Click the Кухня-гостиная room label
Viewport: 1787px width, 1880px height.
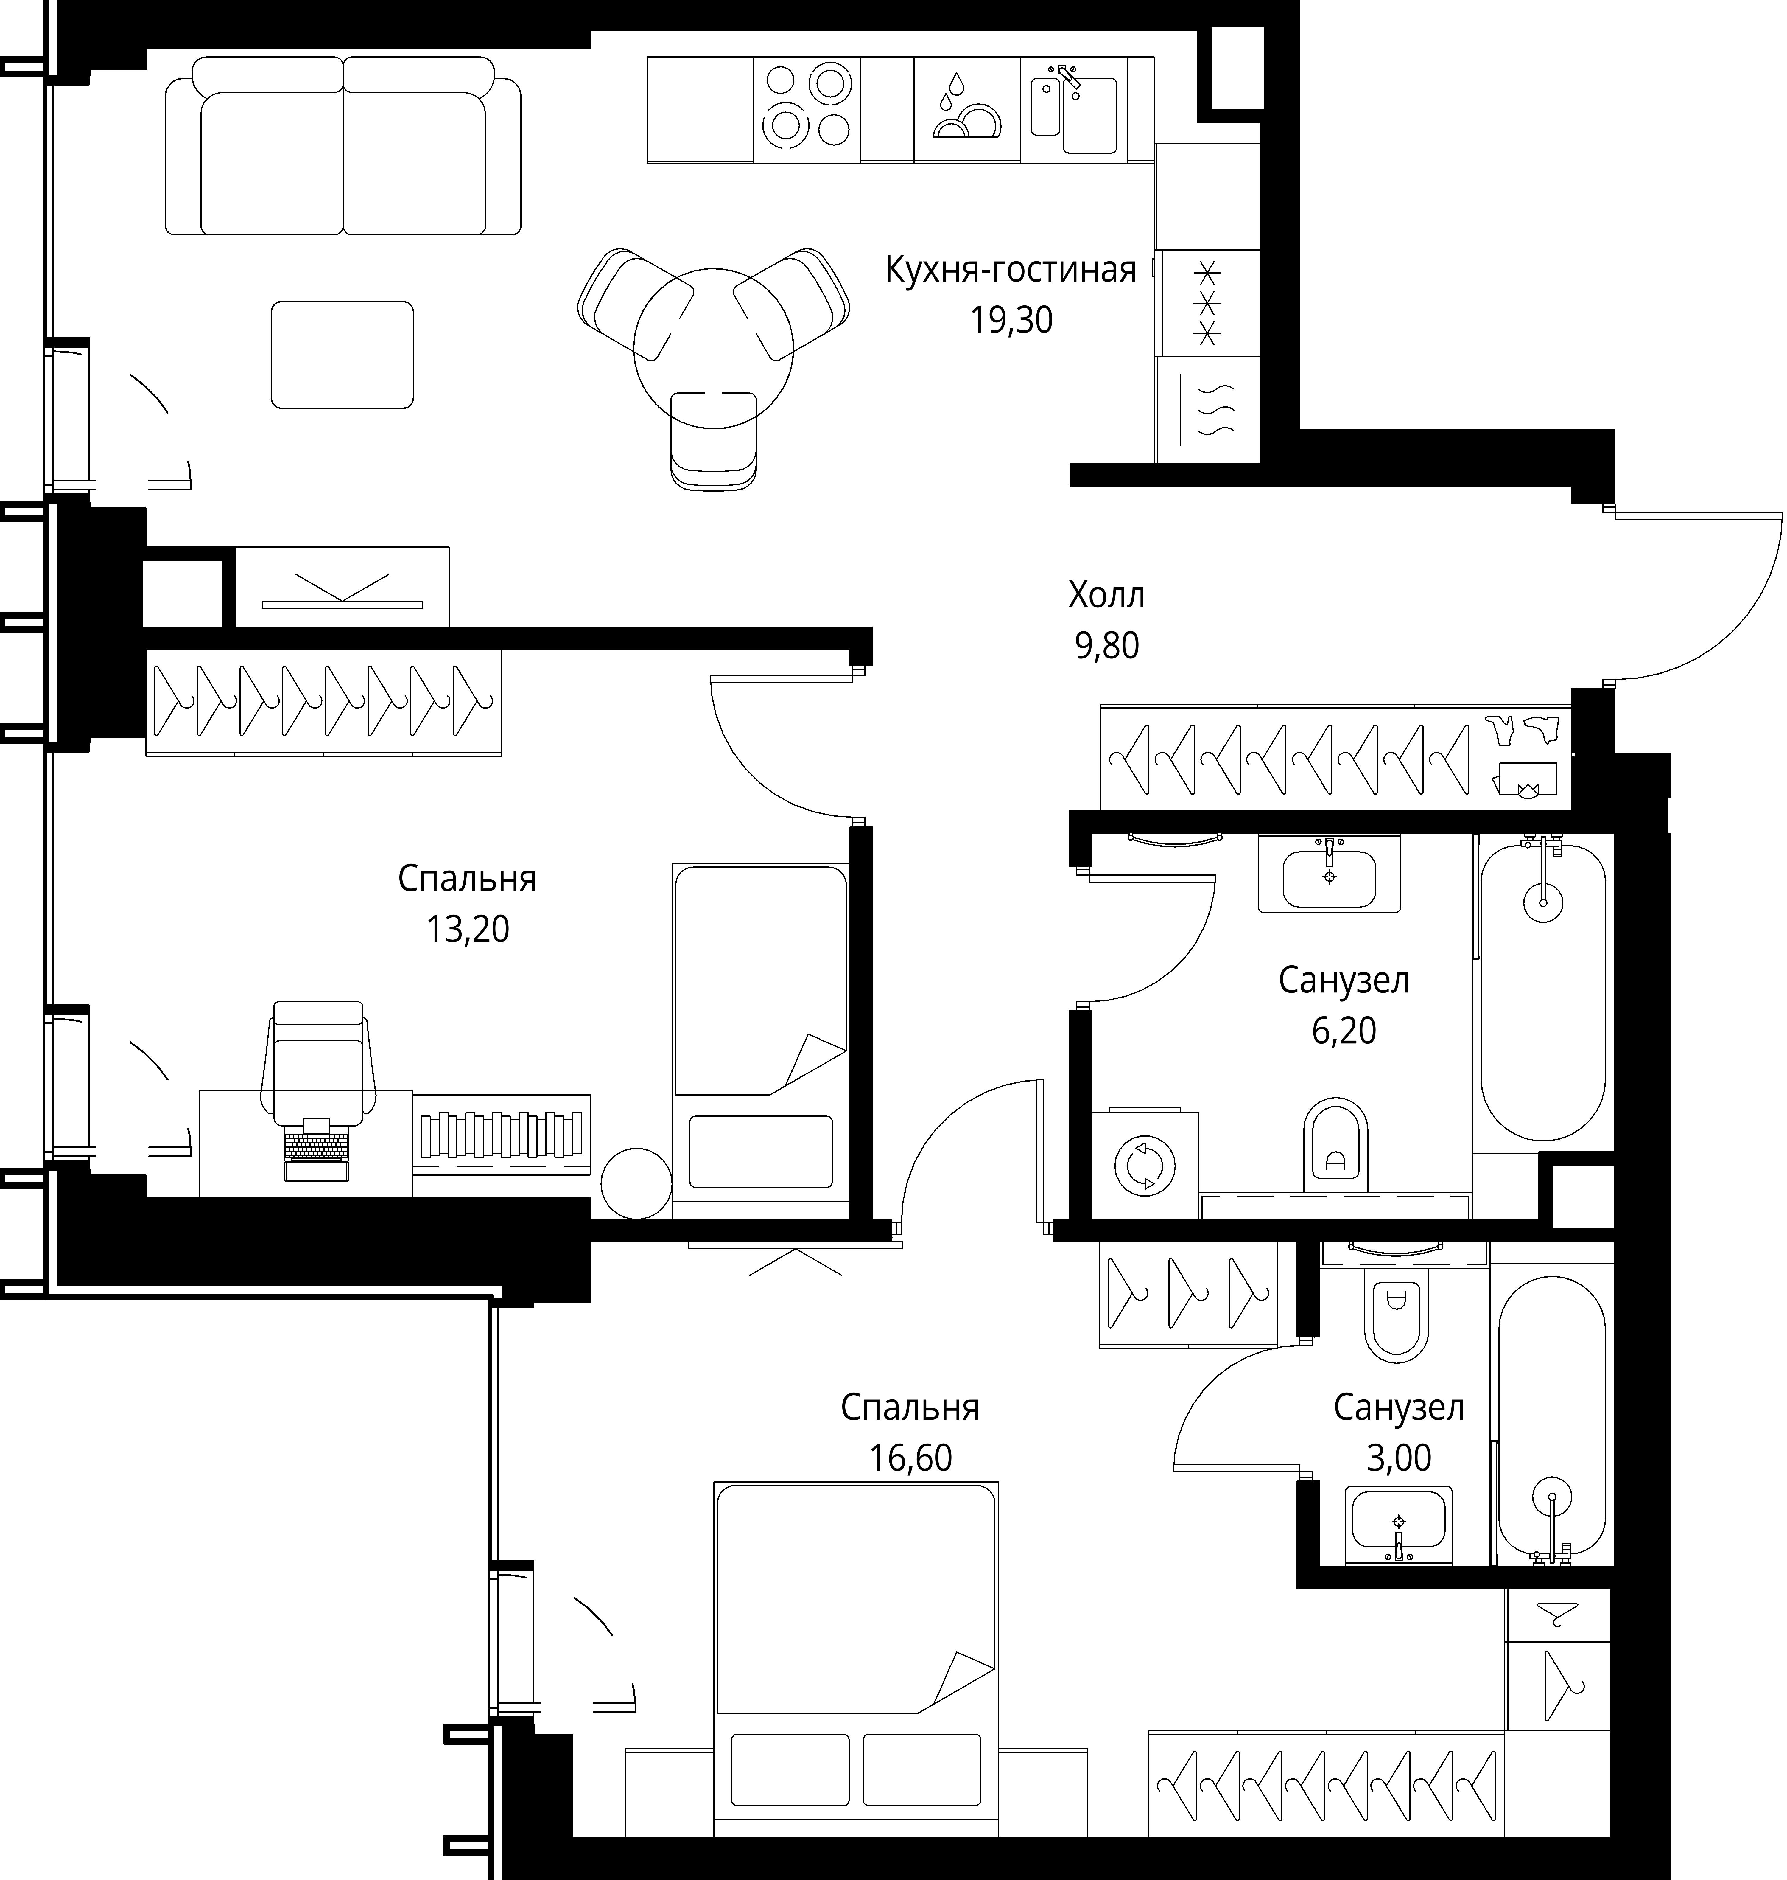pos(1011,271)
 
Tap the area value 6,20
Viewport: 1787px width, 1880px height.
pos(1343,1031)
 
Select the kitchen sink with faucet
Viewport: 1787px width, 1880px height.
pos(1073,109)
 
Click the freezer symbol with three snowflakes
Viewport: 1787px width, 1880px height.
pos(1208,303)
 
